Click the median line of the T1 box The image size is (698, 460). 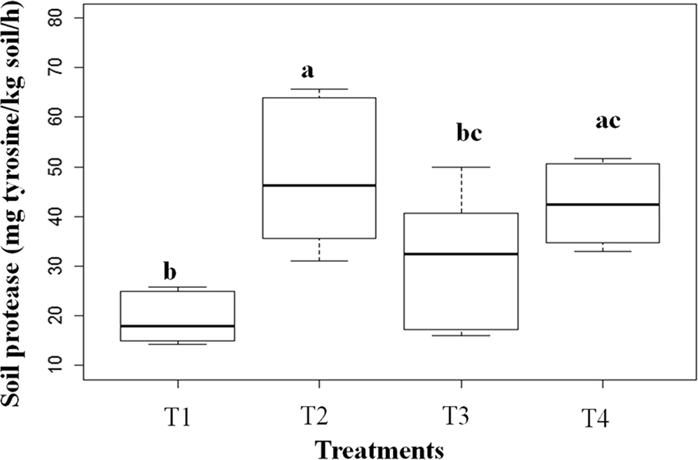coord(177,326)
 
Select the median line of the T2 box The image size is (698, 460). coord(319,185)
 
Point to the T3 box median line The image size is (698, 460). coord(461,254)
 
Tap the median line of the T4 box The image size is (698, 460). coord(603,204)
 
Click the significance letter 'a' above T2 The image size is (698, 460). coord(307,72)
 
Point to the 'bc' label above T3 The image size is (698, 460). coord(468,134)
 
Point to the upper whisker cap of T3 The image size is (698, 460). coord(461,167)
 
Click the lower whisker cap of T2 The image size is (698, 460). coord(319,261)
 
